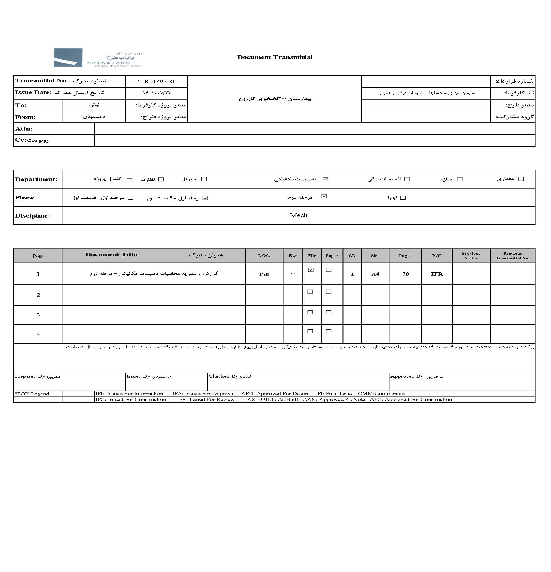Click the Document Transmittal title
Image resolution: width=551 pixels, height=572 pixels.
tap(275, 57)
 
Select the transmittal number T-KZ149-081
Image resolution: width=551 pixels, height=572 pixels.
tap(156, 81)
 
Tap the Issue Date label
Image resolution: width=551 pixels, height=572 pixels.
tap(33, 92)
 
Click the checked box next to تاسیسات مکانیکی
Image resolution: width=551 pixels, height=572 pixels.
tap(325, 179)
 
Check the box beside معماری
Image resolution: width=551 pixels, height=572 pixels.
tap(521, 179)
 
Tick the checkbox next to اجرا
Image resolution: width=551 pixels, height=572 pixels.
tap(403, 198)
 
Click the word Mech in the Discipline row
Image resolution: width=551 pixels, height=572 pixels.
tap(298, 215)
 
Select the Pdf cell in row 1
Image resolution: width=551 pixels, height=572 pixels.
tap(264, 274)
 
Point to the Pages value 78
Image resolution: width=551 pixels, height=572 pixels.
tap(405, 274)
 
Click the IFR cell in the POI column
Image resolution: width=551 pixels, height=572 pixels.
tap(437, 274)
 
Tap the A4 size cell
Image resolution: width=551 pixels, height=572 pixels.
tap(375, 274)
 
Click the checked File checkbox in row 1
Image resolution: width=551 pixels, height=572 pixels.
tap(311, 270)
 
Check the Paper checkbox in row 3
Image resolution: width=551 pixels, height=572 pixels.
tap(329, 312)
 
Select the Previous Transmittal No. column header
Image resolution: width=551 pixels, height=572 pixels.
tap(512, 256)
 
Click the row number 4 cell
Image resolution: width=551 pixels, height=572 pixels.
tap(38, 334)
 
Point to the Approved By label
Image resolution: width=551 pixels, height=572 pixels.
tap(407, 376)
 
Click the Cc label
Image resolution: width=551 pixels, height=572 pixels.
tap(20, 140)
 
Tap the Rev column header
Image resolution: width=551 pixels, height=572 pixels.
tap(293, 256)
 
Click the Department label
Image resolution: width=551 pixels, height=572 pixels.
tap(36, 179)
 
